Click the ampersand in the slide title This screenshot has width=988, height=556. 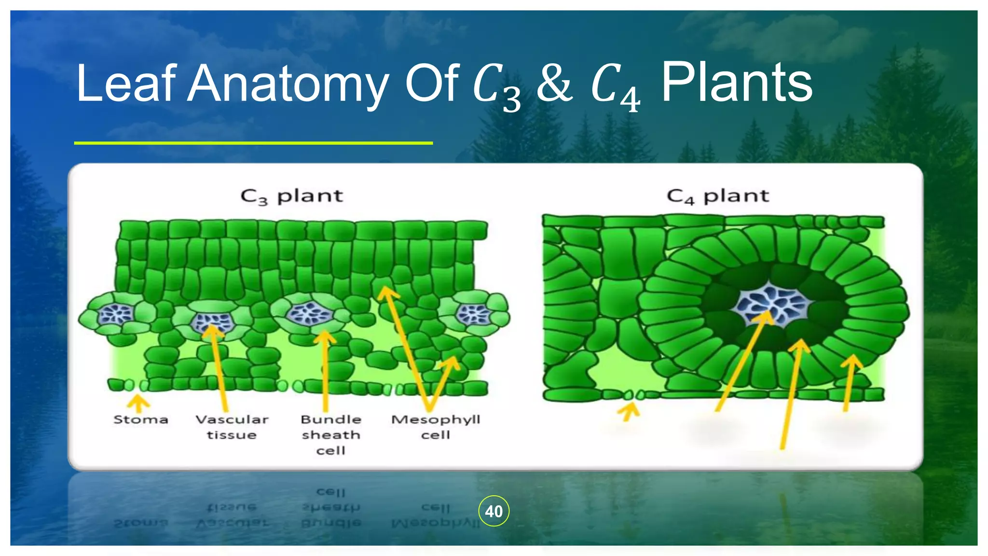(x=555, y=84)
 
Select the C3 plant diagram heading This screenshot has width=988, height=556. (x=291, y=196)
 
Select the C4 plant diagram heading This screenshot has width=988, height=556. (x=718, y=196)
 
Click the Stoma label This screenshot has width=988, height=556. (x=140, y=419)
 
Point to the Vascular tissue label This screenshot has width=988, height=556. (x=232, y=427)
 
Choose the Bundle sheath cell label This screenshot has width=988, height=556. (x=330, y=434)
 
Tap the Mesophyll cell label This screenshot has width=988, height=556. (x=435, y=427)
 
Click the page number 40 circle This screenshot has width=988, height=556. (x=494, y=511)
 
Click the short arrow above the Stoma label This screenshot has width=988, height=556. (x=139, y=403)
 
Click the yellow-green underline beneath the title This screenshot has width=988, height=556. (x=253, y=143)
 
